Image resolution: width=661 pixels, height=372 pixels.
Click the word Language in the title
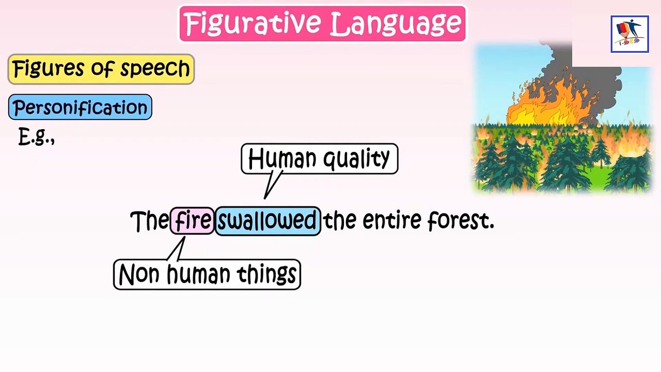395,24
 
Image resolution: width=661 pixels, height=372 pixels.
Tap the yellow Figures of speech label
101,69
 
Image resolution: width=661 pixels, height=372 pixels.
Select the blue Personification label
80,107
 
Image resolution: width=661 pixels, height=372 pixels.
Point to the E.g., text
36,137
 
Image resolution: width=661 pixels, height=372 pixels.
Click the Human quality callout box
319,159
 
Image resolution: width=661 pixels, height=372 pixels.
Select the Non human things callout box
207,274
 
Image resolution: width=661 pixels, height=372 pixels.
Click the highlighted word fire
193,221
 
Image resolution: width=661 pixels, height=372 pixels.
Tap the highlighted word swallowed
267,221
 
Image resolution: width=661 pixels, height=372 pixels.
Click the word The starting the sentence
149,221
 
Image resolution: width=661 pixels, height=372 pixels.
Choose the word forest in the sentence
460,221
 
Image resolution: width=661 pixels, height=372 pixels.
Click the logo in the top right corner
629,34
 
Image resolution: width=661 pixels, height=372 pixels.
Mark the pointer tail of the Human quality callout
271,186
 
